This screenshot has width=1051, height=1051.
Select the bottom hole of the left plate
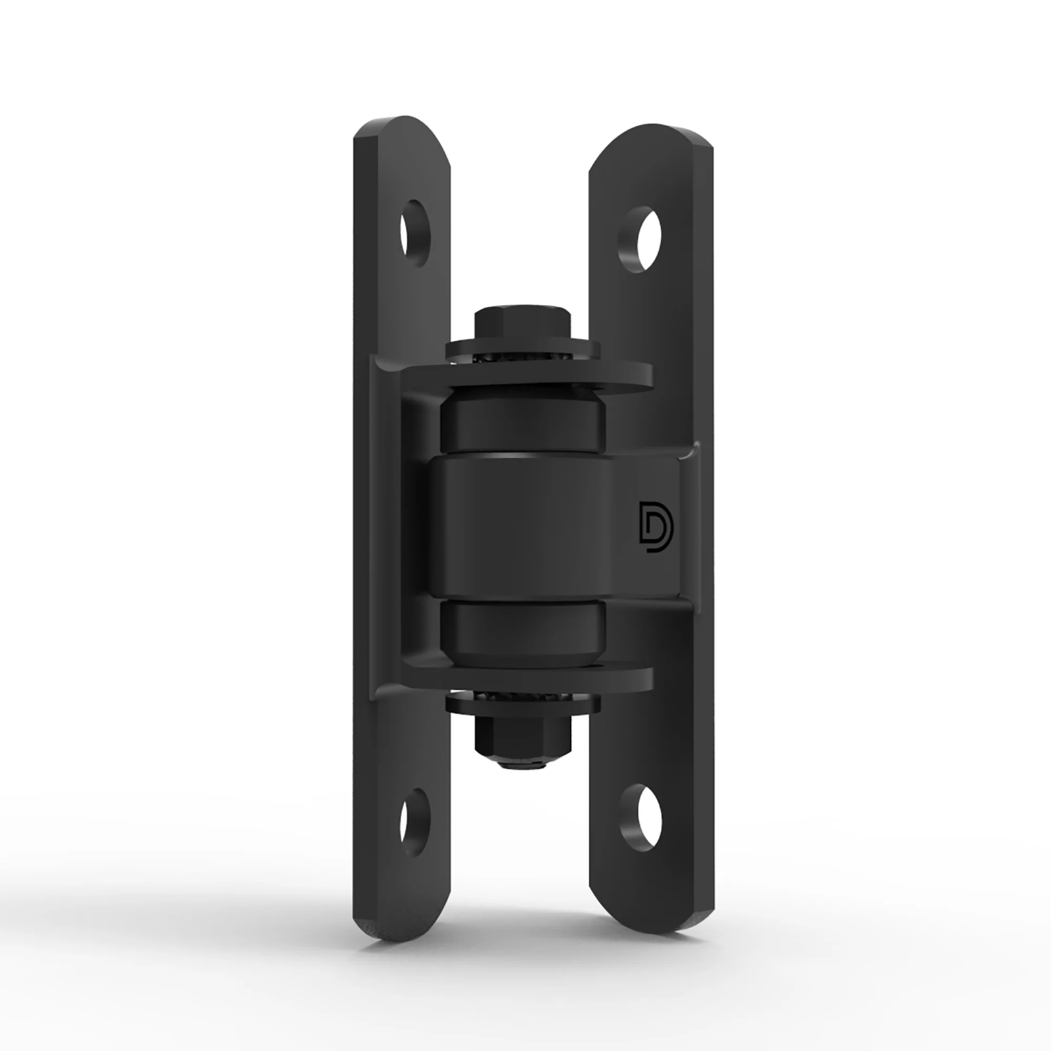[416, 813]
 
